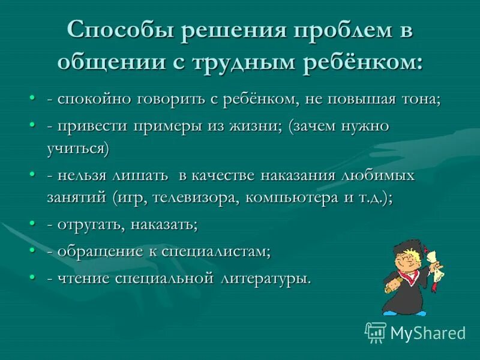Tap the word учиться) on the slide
pyautogui.click(x=78, y=148)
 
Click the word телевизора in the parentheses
pyautogui.click(x=194, y=197)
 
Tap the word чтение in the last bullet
pyautogui.click(x=82, y=279)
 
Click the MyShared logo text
pyautogui.click(x=428, y=333)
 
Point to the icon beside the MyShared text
pyautogui.click(x=376, y=332)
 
